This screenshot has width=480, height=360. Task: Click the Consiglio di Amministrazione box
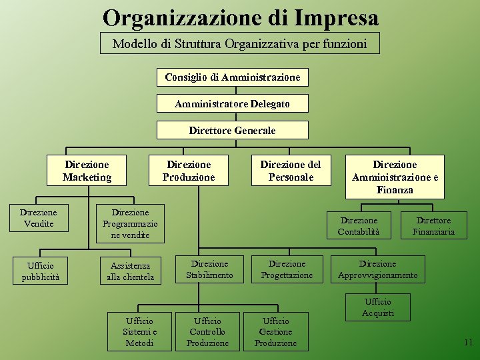click(232, 77)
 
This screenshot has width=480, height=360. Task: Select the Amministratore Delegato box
click(232, 104)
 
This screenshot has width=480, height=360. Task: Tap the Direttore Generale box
click(232, 130)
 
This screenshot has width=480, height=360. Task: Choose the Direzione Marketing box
click(87, 171)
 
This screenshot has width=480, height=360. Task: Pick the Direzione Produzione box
click(189, 171)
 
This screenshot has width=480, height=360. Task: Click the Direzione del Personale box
click(290, 171)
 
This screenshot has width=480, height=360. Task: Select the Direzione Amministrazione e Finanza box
click(395, 177)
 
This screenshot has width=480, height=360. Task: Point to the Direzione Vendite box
click(39, 218)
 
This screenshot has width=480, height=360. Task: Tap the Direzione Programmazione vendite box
click(130, 223)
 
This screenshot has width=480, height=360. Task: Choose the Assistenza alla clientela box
click(130, 271)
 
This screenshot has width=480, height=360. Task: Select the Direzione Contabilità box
click(359, 226)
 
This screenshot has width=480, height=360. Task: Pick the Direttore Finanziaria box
click(433, 226)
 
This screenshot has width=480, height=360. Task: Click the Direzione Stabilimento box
click(209, 269)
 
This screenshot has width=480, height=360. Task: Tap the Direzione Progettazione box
click(287, 269)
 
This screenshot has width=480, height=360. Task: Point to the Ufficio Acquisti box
click(378, 307)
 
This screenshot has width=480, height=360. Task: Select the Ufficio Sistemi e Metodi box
click(140, 332)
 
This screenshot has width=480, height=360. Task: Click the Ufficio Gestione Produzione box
click(275, 332)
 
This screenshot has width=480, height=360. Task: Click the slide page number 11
click(468, 343)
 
